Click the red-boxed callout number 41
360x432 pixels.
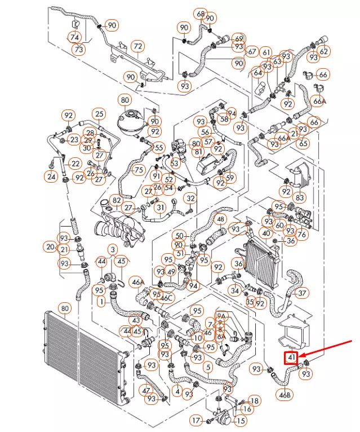291,358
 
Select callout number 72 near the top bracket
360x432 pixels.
137,46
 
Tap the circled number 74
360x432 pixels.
74,37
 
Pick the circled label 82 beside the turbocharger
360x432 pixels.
117,200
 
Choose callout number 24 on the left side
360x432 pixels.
51,177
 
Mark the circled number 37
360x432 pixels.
303,293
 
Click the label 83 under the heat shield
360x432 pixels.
300,198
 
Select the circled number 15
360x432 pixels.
241,421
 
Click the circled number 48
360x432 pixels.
220,219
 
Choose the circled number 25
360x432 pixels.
99,114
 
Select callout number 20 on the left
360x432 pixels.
50,247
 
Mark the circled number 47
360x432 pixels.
146,390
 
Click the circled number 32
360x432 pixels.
191,198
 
